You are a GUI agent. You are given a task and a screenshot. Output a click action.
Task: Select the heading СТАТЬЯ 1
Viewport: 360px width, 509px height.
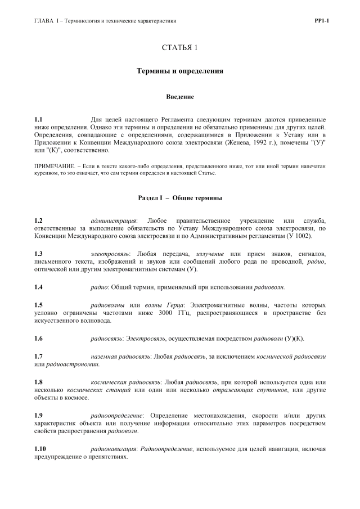click(179, 47)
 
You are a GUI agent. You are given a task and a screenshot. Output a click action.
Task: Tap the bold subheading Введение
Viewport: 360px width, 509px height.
click(180, 97)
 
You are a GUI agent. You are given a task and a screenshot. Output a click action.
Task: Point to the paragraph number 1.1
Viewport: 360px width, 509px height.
click(38, 120)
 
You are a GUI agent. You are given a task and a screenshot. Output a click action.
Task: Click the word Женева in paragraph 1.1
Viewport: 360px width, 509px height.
click(243, 143)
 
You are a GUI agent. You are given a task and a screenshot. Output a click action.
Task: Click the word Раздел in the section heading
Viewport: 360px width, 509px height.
click(148, 198)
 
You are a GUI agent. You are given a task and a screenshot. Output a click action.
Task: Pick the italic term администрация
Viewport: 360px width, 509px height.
click(113, 220)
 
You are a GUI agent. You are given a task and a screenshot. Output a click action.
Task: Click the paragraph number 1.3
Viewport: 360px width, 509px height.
click(38, 255)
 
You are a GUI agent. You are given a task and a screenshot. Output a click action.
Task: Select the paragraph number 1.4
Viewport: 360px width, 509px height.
click(38, 287)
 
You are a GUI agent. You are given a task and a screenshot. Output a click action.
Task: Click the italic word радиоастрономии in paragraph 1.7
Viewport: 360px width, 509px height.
click(72, 365)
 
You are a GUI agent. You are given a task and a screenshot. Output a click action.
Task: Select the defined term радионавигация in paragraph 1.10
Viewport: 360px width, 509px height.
click(113, 449)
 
